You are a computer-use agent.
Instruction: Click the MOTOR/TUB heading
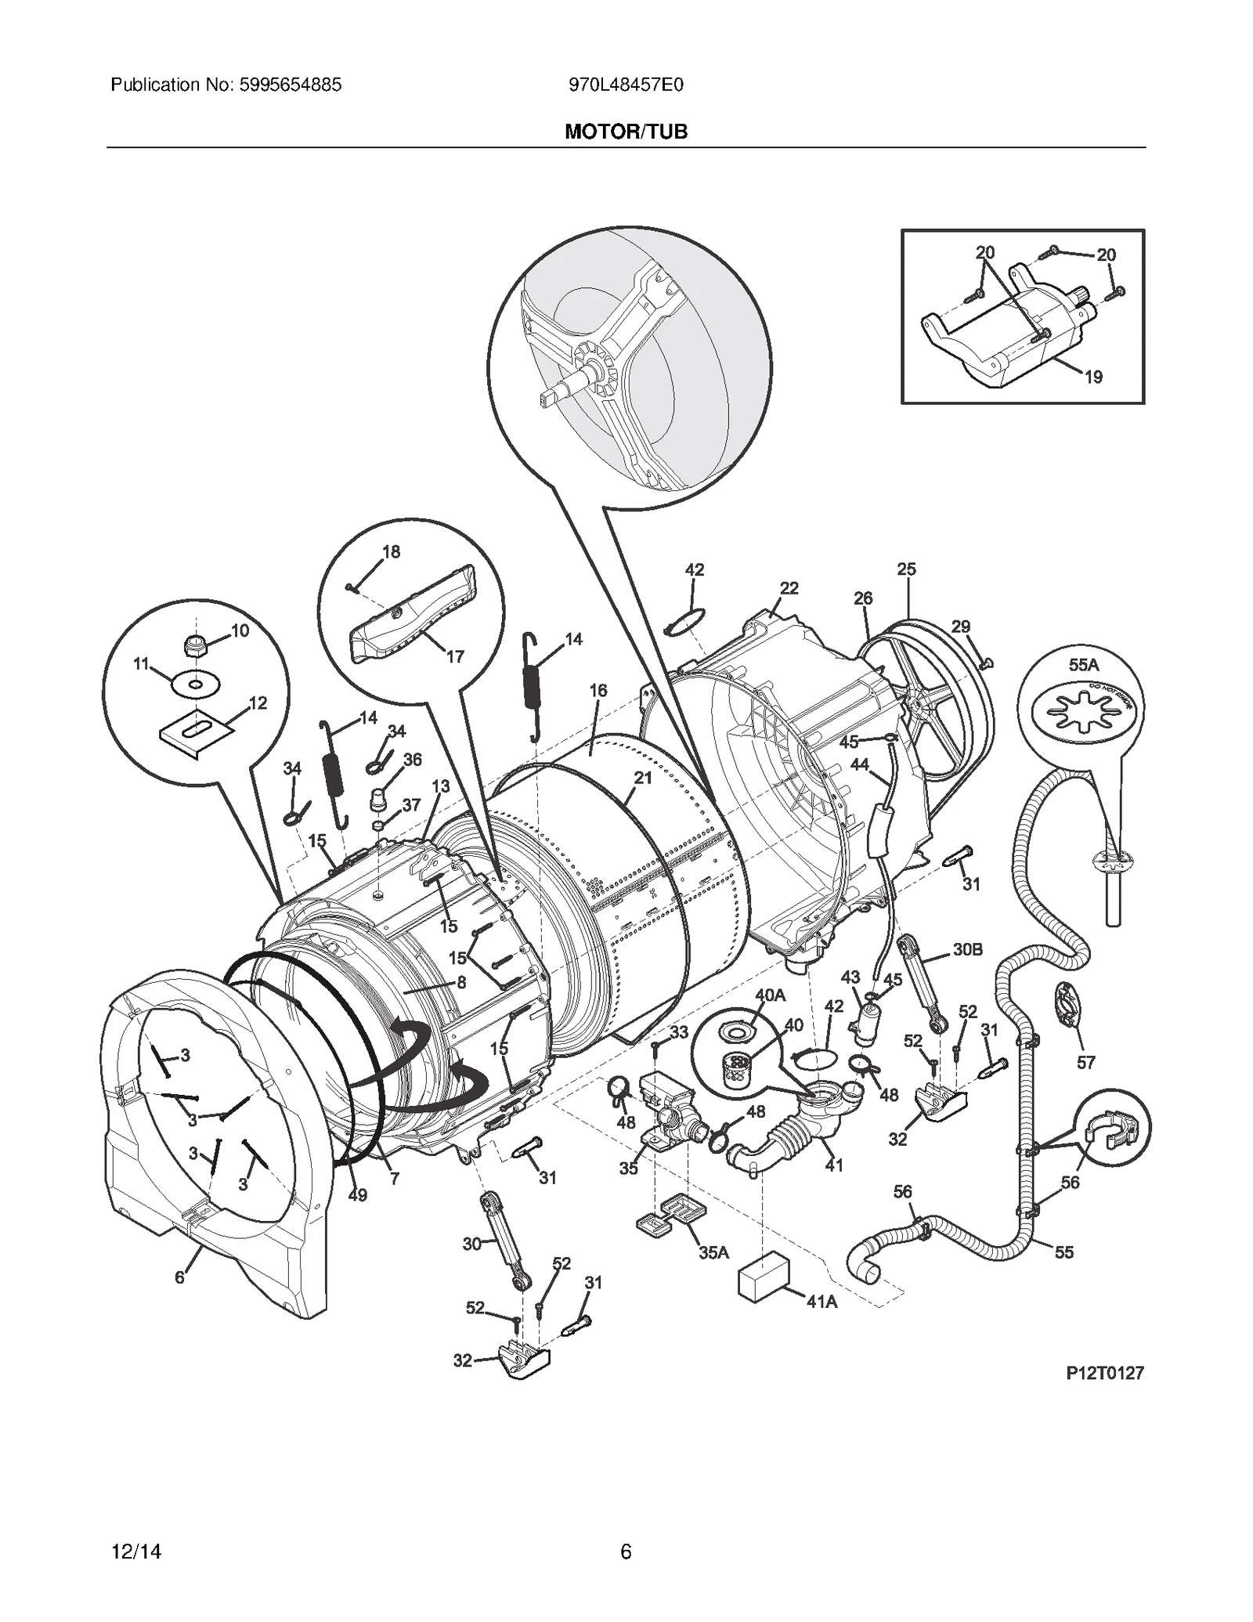[x=626, y=132]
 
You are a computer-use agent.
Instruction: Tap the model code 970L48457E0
[x=626, y=85]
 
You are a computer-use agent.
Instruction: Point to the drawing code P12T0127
[x=1104, y=1373]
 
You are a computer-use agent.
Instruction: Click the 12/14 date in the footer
[x=136, y=1552]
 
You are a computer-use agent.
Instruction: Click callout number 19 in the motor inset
[x=1093, y=378]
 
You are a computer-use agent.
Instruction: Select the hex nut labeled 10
[x=193, y=647]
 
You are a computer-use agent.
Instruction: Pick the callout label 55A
[x=1084, y=665]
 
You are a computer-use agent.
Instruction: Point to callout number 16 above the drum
[x=598, y=690]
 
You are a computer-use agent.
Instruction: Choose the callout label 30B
[x=968, y=949]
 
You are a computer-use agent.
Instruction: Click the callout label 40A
[x=770, y=995]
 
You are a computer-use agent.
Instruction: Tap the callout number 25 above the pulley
[x=906, y=569]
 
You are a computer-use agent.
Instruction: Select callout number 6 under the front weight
[x=179, y=1277]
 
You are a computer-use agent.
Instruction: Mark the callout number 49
[x=357, y=1195]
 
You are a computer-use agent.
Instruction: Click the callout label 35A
[x=713, y=1252]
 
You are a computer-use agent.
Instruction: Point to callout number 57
[x=1085, y=1062]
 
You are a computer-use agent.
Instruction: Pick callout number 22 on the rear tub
[x=789, y=588]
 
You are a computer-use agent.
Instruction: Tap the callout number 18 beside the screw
[x=391, y=552]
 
